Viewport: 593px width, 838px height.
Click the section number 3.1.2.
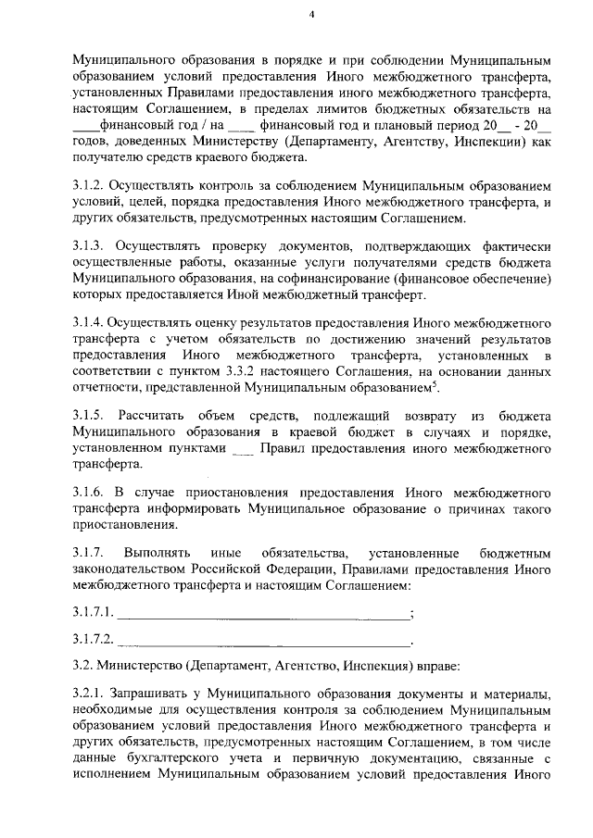[90, 187]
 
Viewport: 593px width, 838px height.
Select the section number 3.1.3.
[90, 245]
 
